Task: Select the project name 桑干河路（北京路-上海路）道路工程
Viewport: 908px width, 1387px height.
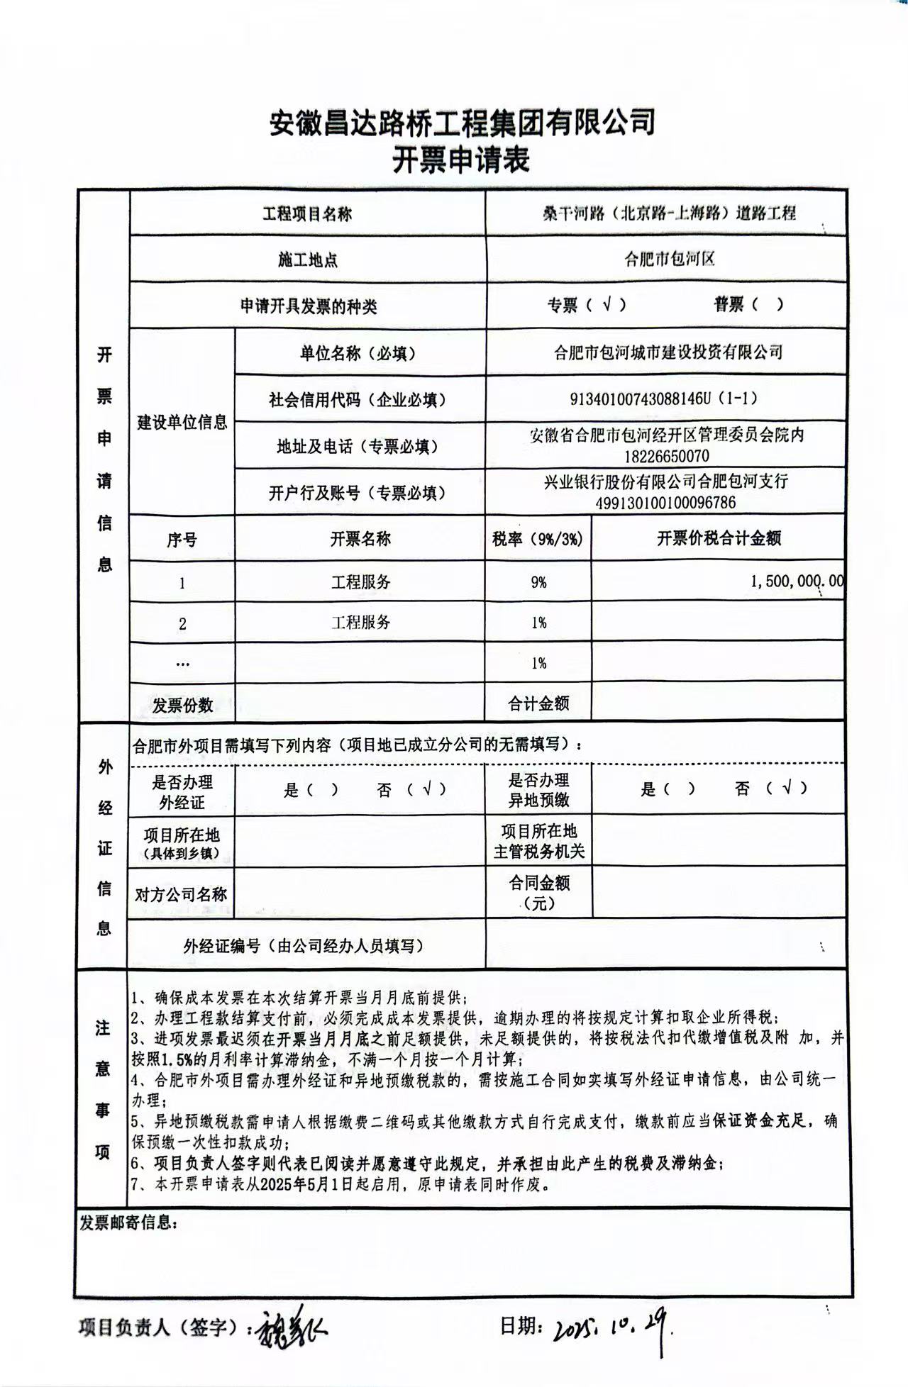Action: [666, 213]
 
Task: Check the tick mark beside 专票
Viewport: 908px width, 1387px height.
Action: [607, 304]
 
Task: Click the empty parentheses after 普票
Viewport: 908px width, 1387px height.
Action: [768, 304]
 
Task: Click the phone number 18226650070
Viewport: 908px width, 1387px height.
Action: [667, 456]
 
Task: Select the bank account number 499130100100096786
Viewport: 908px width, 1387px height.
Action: [667, 503]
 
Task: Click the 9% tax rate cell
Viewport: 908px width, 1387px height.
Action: [538, 582]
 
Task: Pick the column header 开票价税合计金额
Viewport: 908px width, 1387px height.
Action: [718, 538]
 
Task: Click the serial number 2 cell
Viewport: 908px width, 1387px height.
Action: [182, 624]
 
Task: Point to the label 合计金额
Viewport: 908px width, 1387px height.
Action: [538, 703]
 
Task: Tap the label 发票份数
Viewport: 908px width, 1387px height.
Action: [182, 705]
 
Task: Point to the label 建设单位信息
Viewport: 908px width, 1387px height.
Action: [182, 423]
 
